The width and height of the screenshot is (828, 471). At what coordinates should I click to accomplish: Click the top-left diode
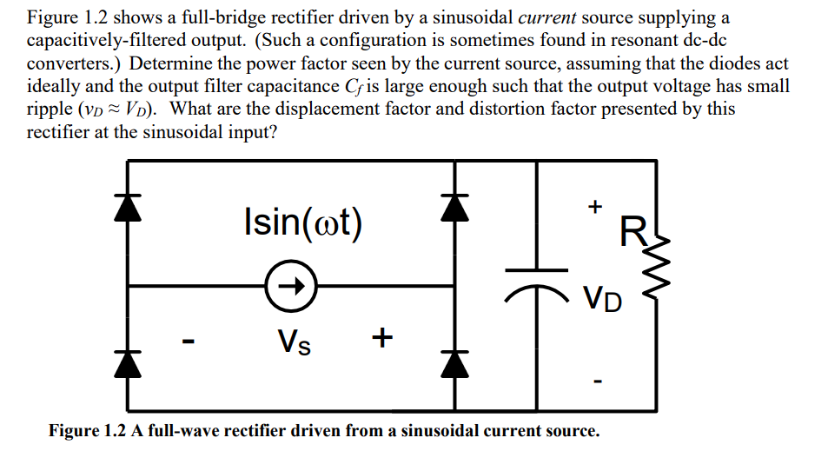pos(129,207)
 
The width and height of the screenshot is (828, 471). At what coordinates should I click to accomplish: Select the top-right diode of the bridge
pos(450,207)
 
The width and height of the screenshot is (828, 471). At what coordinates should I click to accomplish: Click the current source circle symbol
pos(291,285)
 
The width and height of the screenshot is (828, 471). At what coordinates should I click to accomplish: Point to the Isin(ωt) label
pos(303,222)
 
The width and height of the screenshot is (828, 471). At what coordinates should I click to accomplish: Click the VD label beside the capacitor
pos(603,300)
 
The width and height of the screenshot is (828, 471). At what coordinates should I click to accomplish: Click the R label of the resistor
pos(632,232)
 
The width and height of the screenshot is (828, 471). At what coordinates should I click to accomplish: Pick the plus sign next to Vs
pos(381,336)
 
